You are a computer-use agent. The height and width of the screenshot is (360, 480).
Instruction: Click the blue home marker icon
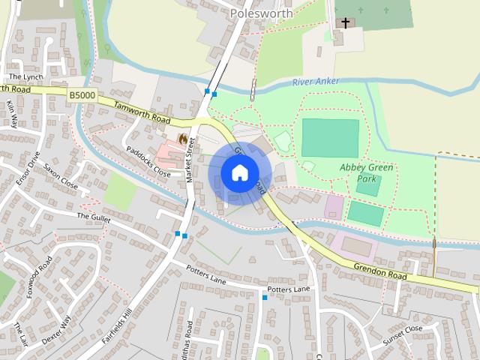(239, 173)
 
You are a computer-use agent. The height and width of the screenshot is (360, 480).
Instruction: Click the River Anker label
(315, 81)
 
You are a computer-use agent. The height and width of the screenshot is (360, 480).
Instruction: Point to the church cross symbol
(345, 22)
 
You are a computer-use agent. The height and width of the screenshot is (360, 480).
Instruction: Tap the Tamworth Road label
(142, 112)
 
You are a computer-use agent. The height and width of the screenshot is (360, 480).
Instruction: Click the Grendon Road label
(381, 271)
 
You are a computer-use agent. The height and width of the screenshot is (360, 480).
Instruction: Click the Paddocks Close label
(148, 159)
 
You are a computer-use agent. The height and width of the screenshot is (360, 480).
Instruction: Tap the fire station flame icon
(182, 139)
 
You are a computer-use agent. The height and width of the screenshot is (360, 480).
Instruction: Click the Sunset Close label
(403, 333)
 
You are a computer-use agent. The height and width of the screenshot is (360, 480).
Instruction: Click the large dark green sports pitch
(330, 137)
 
